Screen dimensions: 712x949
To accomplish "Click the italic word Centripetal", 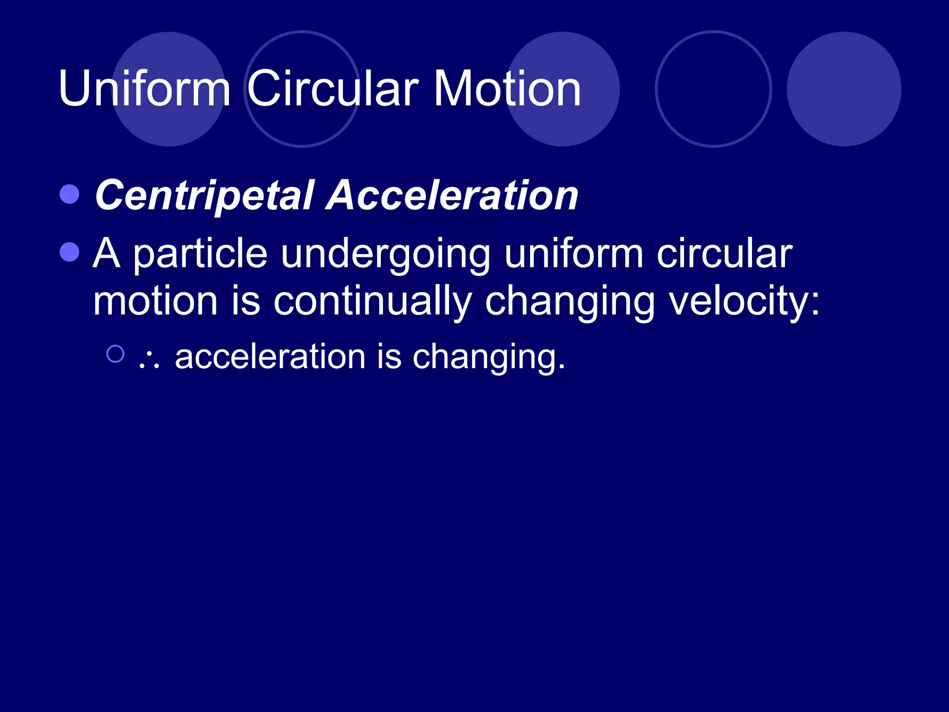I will pos(204,195).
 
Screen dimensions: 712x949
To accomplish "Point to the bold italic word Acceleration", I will pos(452,195).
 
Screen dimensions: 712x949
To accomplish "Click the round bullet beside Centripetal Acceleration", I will pos(70,194).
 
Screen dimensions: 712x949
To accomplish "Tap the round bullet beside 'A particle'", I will pos(70,252).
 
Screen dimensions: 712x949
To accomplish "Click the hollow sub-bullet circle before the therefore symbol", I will pos(115,354).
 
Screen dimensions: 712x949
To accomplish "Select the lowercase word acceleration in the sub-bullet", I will pos(270,356).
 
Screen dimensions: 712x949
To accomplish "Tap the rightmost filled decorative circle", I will pos(844,89).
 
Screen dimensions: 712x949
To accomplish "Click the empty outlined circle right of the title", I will pos(713,89).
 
